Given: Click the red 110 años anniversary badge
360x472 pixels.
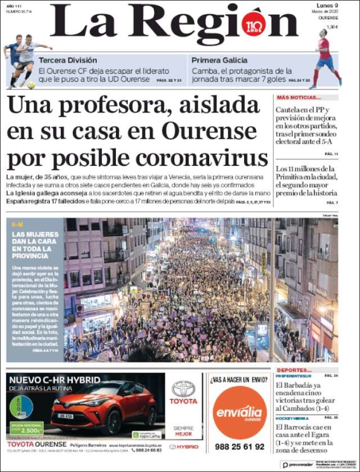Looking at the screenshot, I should click(254, 26).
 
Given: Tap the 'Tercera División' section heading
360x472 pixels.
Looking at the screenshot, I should click(67, 60).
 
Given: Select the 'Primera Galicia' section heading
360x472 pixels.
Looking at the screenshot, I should click(219, 60).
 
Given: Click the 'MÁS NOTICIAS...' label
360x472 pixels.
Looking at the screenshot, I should click(299, 97).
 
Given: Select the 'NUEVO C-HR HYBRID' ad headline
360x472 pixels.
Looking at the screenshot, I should click(55, 380).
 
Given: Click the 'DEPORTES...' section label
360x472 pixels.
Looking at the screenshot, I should click(290, 370).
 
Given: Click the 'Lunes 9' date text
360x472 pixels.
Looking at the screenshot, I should click(326, 6).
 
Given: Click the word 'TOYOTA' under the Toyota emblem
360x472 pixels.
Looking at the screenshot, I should click(184, 401).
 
